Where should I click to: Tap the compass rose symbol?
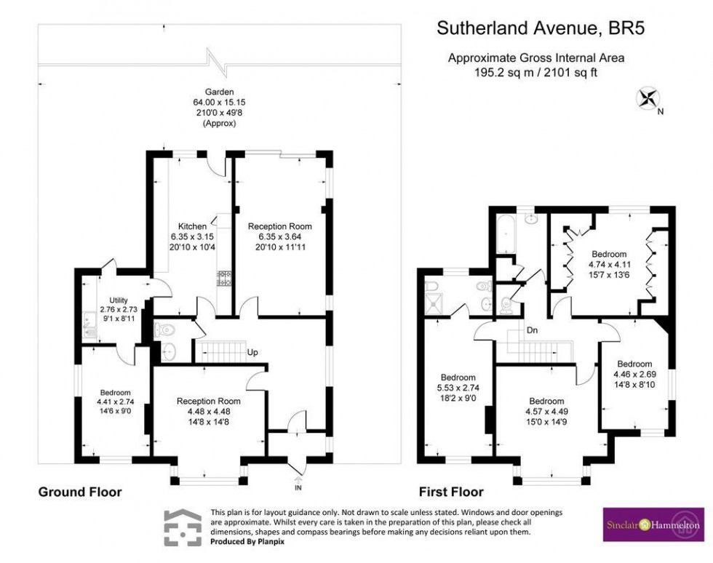tap(645, 99)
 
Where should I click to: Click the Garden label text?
tap(219, 92)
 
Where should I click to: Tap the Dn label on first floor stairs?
tap(533, 331)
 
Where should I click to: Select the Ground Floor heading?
tap(80, 492)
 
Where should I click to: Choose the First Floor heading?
tap(451, 492)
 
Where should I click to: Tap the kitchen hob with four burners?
tap(223, 278)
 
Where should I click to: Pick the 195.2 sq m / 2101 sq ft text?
tap(536, 72)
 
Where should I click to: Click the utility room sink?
tap(89, 334)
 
